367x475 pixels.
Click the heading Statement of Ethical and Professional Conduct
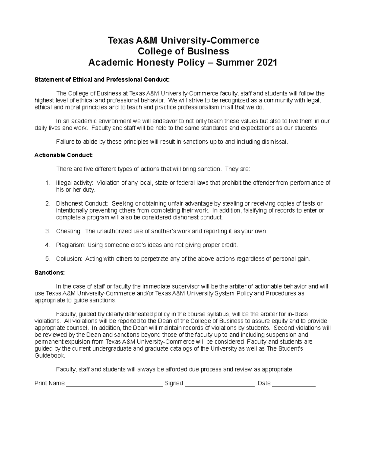102,80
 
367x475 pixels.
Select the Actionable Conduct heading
63,155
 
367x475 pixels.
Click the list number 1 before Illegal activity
47,183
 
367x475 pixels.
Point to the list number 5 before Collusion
47,259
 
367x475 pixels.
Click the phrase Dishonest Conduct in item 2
81,204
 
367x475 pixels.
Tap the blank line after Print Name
114,384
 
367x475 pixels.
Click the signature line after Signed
220,384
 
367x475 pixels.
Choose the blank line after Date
294,384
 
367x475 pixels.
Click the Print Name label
50,384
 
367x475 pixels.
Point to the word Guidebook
50,356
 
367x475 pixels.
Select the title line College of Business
183,51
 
